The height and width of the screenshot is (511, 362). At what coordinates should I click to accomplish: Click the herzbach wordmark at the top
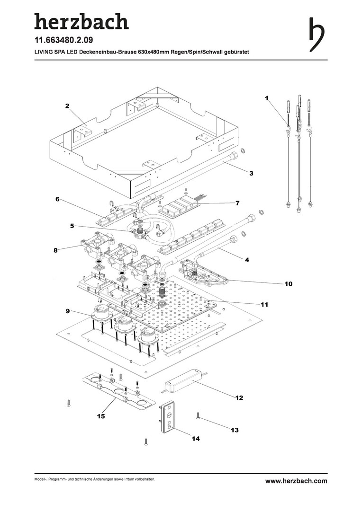click(81, 21)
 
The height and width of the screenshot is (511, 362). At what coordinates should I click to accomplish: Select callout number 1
click(267, 98)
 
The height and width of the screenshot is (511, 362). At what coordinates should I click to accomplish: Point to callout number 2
click(67, 106)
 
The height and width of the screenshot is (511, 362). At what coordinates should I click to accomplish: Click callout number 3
click(252, 174)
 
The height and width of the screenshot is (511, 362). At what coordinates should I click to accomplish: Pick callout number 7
click(237, 203)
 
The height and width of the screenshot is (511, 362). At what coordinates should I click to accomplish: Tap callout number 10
click(288, 284)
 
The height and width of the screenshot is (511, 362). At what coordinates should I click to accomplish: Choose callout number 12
click(239, 398)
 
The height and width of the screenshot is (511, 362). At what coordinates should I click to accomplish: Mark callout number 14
click(196, 439)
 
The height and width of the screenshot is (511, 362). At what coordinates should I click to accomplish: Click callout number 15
click(100, 416)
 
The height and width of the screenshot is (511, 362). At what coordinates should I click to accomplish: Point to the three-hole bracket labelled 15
click(118, 390)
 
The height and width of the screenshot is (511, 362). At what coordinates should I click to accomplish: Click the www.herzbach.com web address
click(296, 481)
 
